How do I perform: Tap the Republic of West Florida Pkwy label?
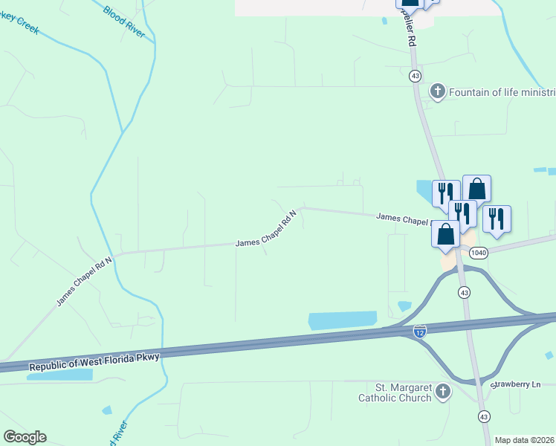coord(94,362)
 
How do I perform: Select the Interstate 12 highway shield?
coord(420,330)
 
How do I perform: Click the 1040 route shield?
coord(478,253)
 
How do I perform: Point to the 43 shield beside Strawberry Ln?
coord(484,416)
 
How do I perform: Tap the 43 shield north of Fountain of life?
coord(415,76)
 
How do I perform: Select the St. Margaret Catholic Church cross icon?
coord(443,392)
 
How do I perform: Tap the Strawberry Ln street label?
coord(515,384)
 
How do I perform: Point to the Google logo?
coord(25,437)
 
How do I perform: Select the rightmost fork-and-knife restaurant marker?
coord(496,219)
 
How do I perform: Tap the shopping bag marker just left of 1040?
coord(445,233)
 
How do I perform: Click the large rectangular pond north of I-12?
coord(342,320)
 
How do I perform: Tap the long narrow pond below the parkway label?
coord(59,375)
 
